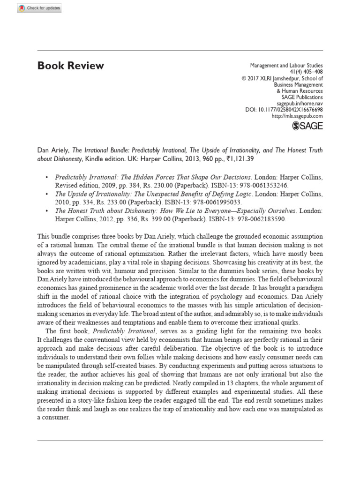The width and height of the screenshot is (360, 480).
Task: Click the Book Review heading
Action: (x=70, y=66)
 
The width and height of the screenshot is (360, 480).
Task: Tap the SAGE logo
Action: (x=307, y=126)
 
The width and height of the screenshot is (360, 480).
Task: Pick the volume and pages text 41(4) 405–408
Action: (x=307, y=72)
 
